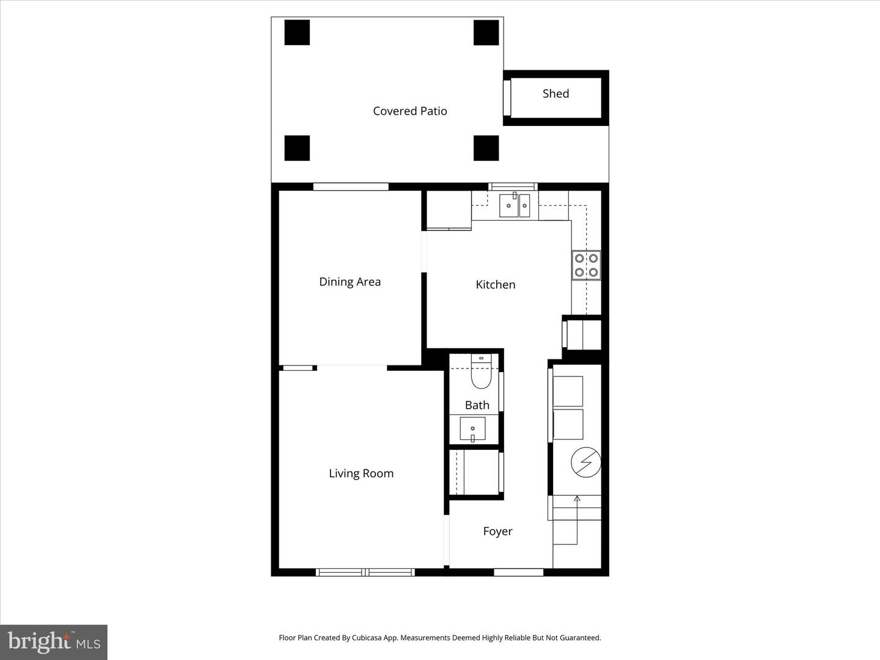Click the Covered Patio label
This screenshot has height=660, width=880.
point(409,111)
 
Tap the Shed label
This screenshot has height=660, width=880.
point(555,94)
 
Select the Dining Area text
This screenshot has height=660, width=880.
point(350,282)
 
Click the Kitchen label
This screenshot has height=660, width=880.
point(495,285)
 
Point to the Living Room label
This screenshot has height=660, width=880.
point(361,474)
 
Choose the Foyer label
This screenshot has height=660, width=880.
point(497,532)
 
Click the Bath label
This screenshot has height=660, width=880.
point(477,405)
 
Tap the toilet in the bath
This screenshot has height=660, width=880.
point(481,374)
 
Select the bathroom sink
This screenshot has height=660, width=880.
point(472,429)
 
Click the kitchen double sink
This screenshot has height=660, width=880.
point(515,206)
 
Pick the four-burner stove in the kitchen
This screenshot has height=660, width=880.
point(586,265)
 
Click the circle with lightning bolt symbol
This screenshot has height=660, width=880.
point(585,463)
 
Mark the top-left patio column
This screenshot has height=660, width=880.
point(297,32)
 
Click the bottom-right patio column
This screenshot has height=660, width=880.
point(486,148)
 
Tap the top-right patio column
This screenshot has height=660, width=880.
point(486,32)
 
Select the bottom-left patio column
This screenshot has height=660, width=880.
point(297,148)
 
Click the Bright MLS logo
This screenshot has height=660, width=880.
point(54,642)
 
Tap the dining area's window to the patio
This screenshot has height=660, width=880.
point(351,187)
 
